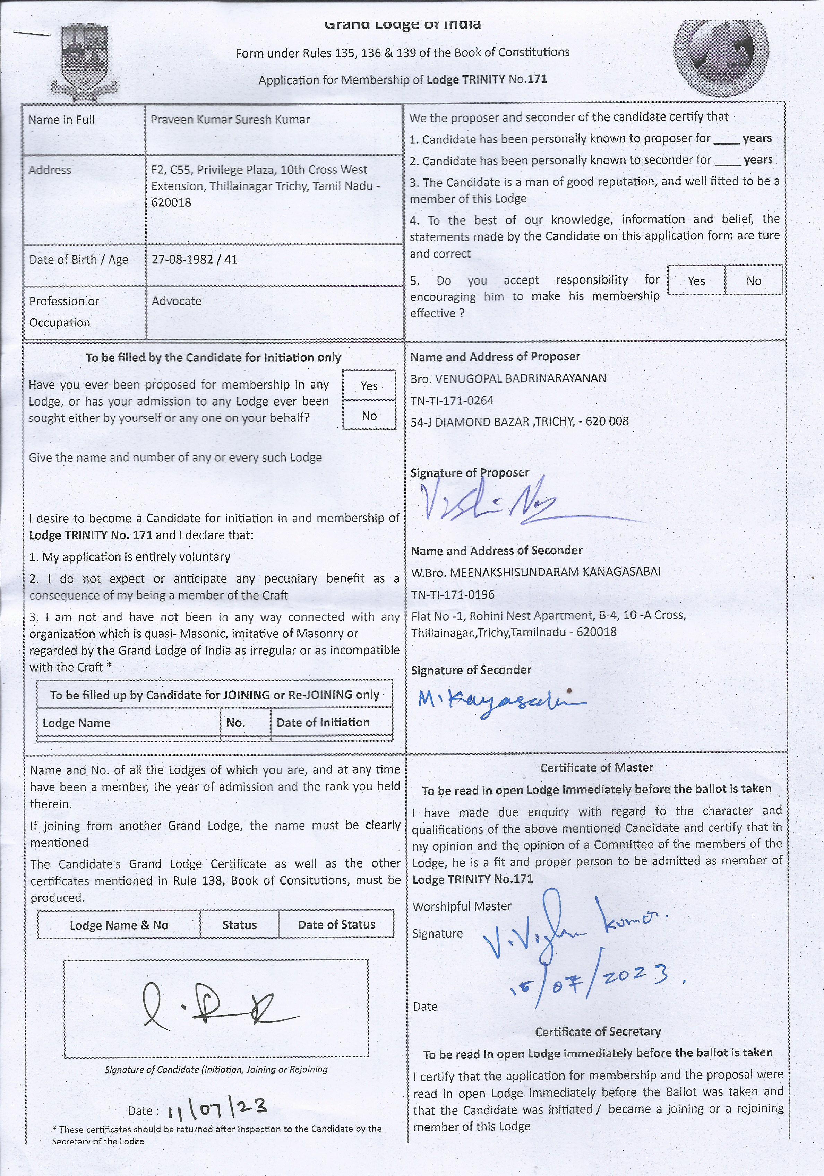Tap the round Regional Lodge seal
[721, 58]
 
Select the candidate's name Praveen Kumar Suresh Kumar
[230, 120]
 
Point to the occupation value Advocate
[176, 301]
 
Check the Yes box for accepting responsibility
[696, 281]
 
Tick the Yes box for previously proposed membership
[369, 386]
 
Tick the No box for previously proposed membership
[369, 415]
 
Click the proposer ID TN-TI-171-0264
[452, 401]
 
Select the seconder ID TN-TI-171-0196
[453, 595]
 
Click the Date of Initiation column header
[323, 723]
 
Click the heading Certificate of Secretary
[598, 1031]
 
